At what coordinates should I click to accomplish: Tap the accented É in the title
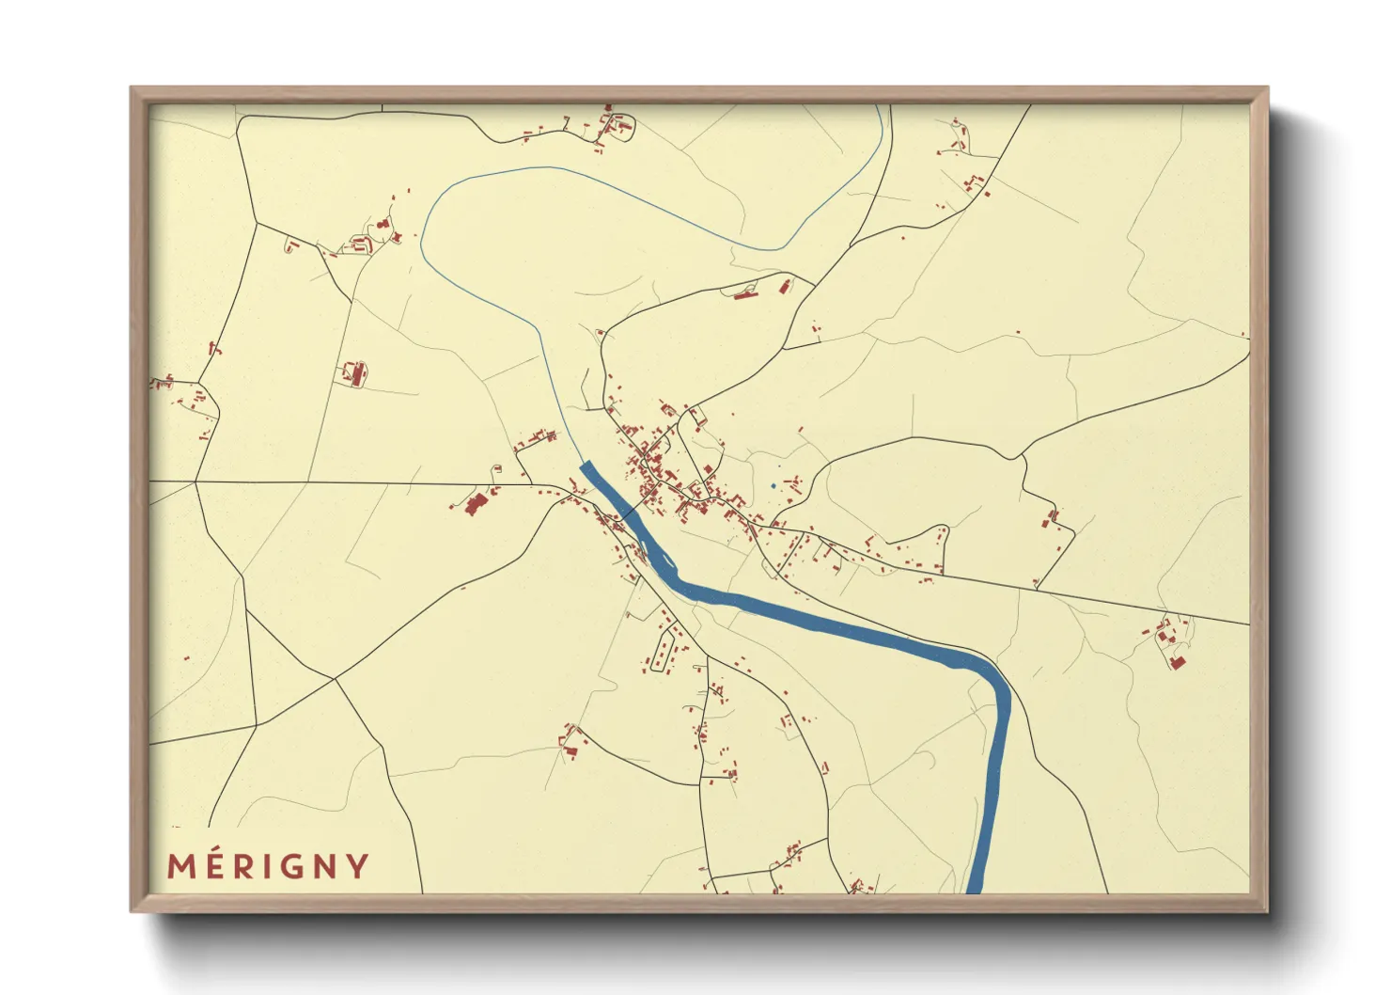214,864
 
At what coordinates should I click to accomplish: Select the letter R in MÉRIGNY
244,866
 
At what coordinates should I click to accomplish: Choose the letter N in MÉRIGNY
326,866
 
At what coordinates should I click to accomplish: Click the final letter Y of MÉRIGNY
358,866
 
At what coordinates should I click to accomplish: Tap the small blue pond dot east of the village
773,486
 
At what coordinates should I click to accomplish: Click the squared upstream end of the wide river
587,466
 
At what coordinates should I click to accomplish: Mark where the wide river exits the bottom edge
975,890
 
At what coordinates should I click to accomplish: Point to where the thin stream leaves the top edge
878,106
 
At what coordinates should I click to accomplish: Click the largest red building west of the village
475,504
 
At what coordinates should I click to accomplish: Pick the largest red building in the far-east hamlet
1178,662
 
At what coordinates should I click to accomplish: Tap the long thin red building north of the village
746,295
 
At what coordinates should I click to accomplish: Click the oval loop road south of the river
663,650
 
